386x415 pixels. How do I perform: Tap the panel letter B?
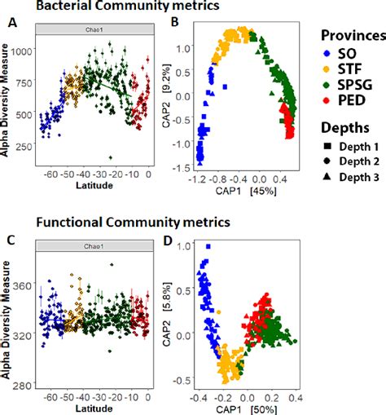click(173, 24)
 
